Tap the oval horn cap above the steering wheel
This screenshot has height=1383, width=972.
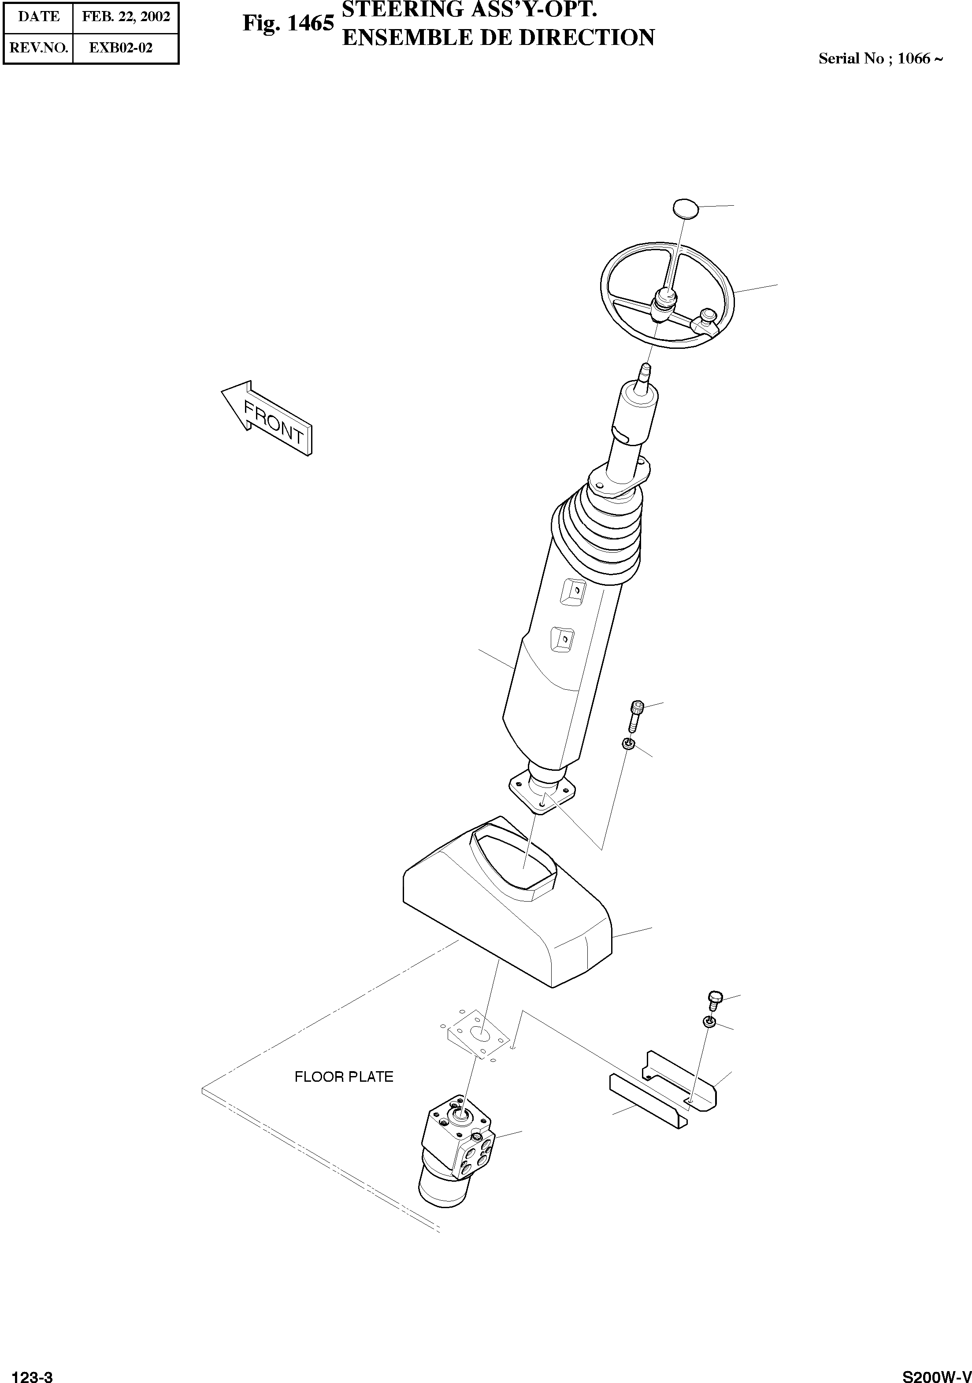point(685,208)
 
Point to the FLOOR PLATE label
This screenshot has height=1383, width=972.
point(344,1076)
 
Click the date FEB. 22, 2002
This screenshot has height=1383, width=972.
point(126,17)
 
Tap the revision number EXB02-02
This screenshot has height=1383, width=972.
point(121,48)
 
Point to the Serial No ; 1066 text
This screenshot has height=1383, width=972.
point(880,59)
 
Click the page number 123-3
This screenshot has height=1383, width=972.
point(33,1372)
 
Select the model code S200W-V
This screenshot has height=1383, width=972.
point(936,1372)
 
